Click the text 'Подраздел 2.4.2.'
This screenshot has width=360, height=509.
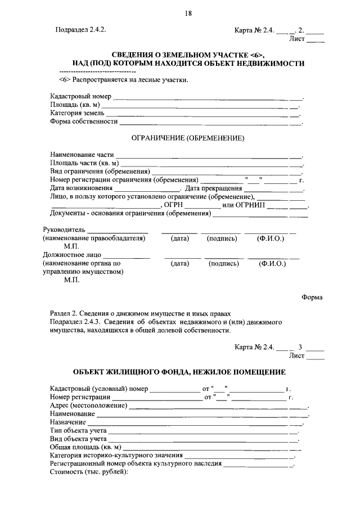80,31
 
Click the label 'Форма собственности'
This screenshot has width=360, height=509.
83,121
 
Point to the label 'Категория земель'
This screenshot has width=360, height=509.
76,113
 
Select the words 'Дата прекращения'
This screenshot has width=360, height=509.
214,188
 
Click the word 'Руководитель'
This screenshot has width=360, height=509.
64,230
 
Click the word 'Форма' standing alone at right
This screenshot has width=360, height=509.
312,297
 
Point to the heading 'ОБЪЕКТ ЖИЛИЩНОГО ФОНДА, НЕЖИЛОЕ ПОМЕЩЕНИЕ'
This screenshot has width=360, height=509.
180,372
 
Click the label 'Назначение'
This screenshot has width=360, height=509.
67,422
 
